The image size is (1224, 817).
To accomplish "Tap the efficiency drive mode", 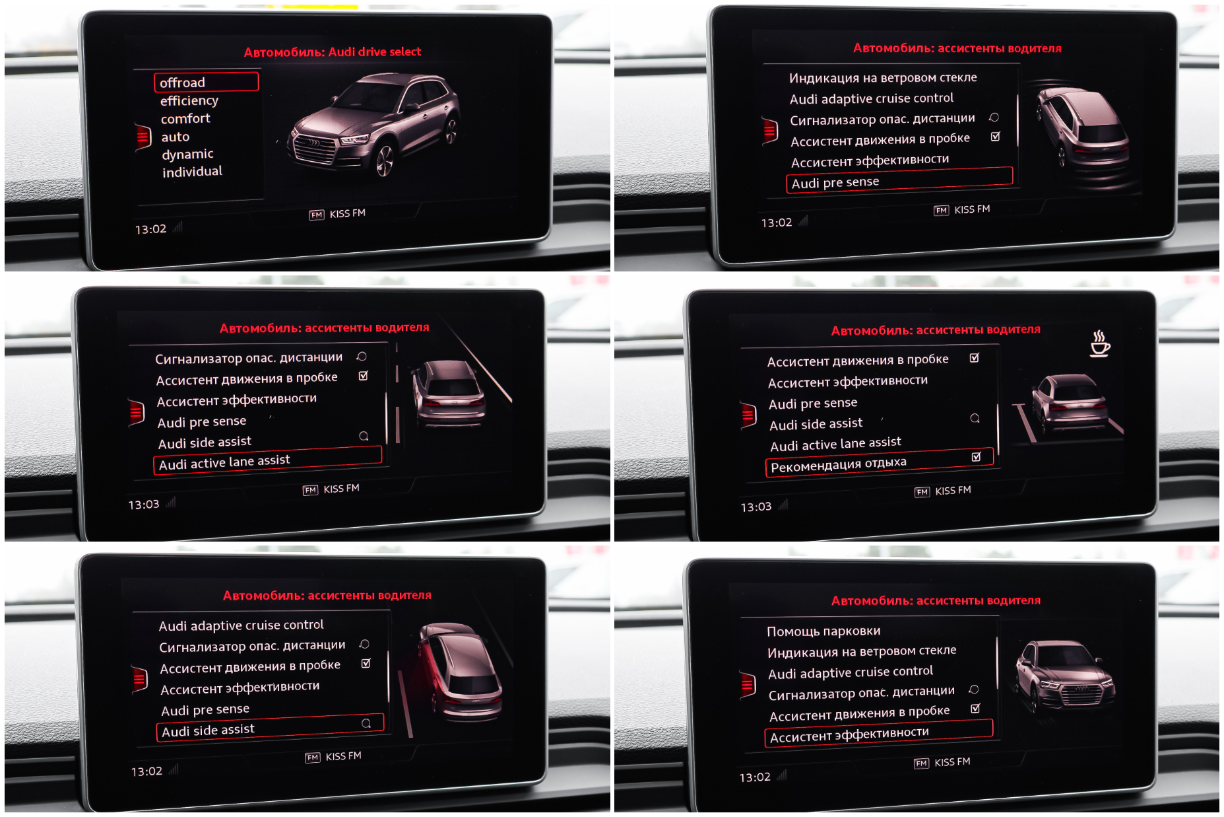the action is (189, 100).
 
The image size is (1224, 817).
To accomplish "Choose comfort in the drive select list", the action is (185, 118).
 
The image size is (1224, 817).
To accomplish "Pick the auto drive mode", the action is (176, 137).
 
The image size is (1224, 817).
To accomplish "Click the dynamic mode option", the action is (188, 154).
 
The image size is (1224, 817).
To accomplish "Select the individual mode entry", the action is (193, 172).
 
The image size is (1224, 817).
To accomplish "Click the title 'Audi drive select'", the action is (375, 52).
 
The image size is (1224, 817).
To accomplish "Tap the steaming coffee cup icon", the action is (1099, 343).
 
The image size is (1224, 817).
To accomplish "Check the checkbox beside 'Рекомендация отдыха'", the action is (976, 456).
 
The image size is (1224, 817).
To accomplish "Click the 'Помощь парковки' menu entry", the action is (823, 631).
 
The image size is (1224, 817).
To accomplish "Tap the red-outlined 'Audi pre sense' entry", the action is (899, 180).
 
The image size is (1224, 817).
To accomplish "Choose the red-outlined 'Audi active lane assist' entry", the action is (267, 460).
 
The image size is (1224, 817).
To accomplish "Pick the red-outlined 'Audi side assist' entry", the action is (270, 728).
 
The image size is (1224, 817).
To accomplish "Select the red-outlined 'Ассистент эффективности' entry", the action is (879, 734).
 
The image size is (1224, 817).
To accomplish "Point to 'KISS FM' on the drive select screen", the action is (347, 213).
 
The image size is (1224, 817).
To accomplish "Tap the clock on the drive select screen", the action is (150, 229).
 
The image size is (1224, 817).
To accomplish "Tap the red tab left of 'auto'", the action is (143, 137).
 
